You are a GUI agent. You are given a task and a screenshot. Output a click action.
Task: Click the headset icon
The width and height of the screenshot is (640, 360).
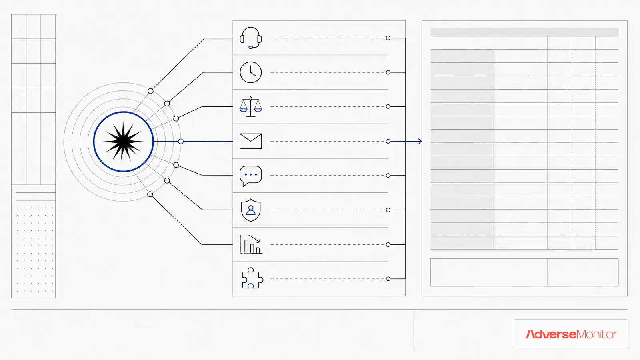coord(250,38)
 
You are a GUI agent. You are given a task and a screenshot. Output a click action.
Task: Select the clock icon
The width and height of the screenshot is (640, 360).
coord(250,72)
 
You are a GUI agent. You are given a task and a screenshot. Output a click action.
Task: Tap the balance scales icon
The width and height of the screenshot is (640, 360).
coord(250,106)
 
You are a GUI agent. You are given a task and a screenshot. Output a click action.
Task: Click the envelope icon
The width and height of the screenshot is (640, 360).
coord(250,141)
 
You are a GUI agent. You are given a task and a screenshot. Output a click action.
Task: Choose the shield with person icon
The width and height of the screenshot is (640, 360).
coord(250,210)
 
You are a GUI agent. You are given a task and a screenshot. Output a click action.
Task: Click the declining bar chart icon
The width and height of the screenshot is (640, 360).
coord(250,244)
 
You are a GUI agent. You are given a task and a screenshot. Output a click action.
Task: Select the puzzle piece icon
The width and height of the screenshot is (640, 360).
coord(252,278)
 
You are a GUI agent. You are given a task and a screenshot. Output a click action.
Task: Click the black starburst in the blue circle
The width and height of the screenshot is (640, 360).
coord(123,142)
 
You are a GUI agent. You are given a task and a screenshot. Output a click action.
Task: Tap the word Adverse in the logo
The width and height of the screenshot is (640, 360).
coord(551,334)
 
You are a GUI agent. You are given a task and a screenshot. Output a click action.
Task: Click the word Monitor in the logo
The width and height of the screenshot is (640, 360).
coord(597,334)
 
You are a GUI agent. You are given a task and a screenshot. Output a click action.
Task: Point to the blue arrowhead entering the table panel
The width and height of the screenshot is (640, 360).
coord(420,141)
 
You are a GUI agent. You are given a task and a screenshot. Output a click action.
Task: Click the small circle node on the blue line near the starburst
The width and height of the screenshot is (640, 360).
coord(180,142)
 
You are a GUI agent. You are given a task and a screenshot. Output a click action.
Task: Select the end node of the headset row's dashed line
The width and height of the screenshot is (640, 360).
coord(388,38)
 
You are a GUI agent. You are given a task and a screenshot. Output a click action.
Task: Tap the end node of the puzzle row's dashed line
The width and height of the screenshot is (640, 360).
coord(388,279)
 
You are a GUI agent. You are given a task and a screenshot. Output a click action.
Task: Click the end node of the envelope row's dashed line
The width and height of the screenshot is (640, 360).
coord(388,142)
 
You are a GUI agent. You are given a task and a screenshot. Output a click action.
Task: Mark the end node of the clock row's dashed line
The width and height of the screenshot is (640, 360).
coord(388,72)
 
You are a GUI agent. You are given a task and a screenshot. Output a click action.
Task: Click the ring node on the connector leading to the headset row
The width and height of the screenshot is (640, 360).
coord(150,91)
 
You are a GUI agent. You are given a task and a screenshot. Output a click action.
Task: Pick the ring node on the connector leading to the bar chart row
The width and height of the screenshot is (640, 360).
coord(150,194)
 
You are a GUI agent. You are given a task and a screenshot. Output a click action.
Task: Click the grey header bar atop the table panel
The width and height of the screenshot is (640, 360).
coord(524,32)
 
